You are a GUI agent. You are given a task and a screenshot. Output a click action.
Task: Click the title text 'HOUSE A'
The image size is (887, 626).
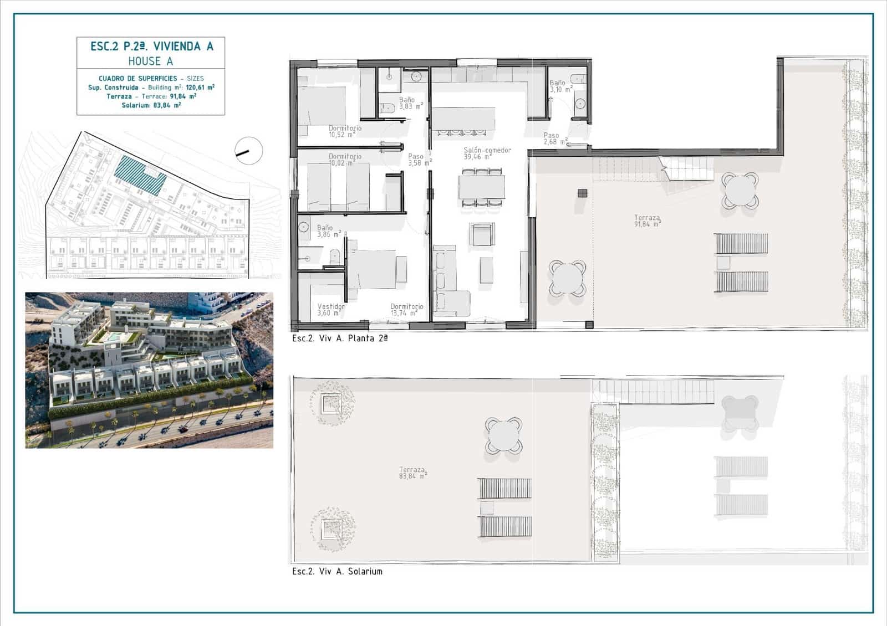[x=151, y=61]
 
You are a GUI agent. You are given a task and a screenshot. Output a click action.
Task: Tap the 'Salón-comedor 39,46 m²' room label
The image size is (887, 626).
[x=487, y=153]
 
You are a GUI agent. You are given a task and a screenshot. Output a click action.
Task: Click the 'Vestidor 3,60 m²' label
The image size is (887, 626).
[x=330, y=310]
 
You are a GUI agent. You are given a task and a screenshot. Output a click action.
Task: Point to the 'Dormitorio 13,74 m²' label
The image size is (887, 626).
[x=406, y=310]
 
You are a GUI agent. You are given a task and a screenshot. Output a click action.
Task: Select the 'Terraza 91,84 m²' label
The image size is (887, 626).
[x=647, y=221]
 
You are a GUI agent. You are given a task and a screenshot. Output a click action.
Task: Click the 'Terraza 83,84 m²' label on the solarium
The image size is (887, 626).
[x=412, y=473]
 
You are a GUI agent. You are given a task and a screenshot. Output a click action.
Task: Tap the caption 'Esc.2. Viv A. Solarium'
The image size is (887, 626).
[x=337, y=571]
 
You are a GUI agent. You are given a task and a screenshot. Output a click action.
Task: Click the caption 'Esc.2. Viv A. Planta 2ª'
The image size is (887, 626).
[x=339, y=338]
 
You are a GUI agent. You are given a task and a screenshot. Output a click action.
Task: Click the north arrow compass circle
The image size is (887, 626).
[x=248, y=150]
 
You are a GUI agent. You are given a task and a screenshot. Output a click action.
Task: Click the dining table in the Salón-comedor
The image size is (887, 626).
[x=482, y=187]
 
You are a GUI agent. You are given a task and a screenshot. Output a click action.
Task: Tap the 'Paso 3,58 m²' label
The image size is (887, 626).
[x=419, y=160]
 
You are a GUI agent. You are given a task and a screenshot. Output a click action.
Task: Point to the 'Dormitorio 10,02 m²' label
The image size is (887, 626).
[x=344, y=160]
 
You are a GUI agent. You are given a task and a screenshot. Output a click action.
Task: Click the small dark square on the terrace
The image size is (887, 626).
[x=582, y=193]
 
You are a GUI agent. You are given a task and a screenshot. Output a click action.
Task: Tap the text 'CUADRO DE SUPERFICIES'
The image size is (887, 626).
[x=138, y=79]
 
